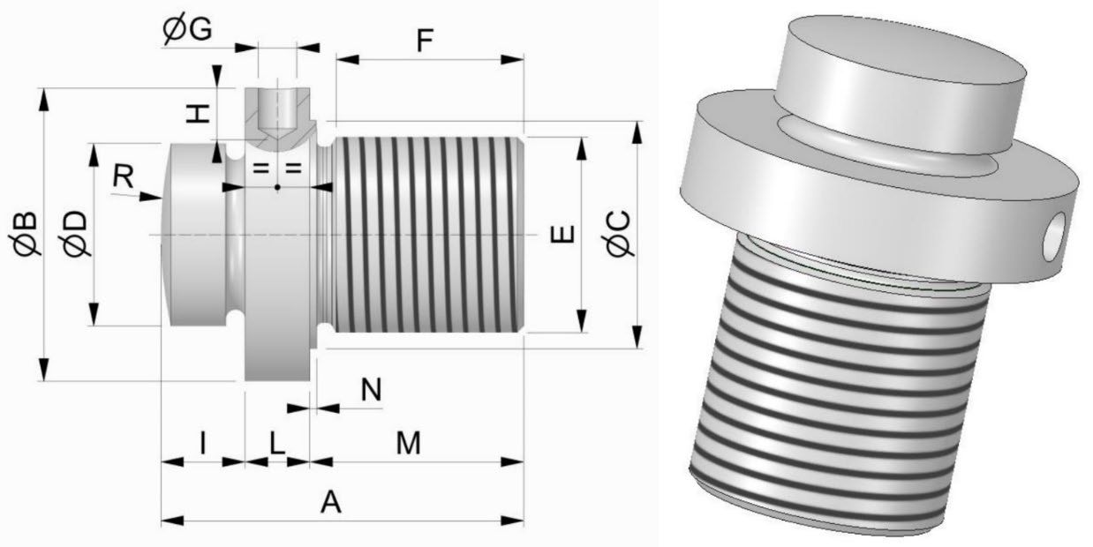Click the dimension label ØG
coord(187,29)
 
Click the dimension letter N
coord(373,389)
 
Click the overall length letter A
coord(330,503)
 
